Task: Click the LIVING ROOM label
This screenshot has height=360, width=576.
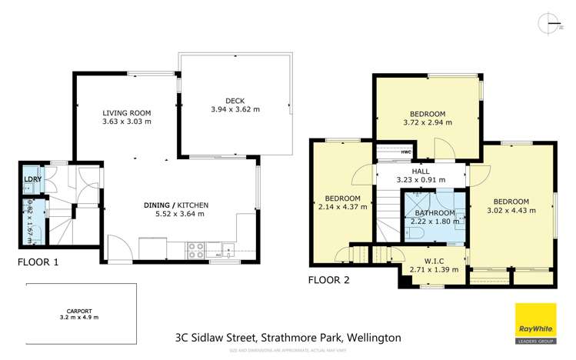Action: pos(127,112)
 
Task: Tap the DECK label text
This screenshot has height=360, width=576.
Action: pos(235,100)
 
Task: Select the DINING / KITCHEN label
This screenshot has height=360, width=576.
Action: pos(176,205)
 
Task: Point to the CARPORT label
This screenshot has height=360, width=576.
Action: pos(80,309)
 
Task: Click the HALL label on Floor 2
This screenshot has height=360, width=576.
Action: pos(420,172)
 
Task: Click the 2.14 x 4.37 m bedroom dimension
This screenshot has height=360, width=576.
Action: pos(339,206)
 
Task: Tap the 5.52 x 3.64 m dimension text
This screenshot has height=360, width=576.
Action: pos(176,214)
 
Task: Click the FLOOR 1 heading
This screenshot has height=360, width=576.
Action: pos(38,262)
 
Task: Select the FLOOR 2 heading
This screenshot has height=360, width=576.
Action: pos(328,280)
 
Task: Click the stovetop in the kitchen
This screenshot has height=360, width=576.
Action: pos(195,249)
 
